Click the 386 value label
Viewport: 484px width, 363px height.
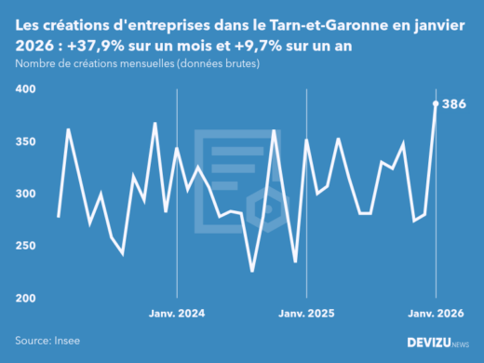tap(453, 103)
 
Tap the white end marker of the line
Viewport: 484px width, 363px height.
tap(436, 103)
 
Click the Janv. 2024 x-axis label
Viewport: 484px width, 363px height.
tap(176, 313)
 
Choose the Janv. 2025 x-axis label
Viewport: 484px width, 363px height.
tap(306, 313)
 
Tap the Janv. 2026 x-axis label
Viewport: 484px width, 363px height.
tap(436, 313)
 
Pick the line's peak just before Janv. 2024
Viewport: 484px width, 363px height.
tap(155, 123)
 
